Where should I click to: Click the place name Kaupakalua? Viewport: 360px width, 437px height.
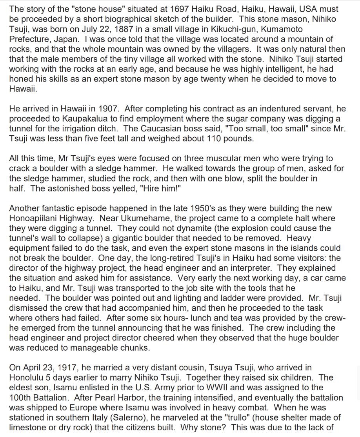(87, 118)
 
